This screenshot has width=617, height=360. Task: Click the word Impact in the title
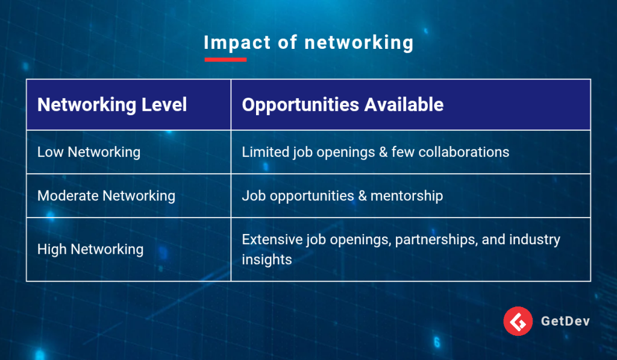coord(237,43)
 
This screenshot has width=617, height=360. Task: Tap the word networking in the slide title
coord(359,43)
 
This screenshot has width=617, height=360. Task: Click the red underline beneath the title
coord(225,60)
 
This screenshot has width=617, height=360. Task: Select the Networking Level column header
coord(112,105)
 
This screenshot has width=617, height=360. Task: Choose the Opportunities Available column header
coord(343,105)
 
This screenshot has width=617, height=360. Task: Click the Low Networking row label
coord(89,152)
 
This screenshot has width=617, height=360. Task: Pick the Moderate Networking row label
coord(106,196)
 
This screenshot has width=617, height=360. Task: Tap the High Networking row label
coord(90,249)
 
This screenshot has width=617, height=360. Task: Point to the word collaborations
coord(463,152)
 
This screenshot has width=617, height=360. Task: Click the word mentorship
coord(407,196)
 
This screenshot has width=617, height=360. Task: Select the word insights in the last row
coord(267,259)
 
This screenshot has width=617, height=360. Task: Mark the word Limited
coord(266,152)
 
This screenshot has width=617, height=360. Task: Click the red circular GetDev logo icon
coord(518,321)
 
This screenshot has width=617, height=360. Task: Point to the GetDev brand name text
coord(565,321)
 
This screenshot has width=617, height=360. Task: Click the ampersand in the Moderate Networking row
coord(362,196)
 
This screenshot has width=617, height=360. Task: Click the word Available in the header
coord(404,105)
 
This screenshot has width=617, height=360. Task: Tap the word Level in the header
coord(164,105)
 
